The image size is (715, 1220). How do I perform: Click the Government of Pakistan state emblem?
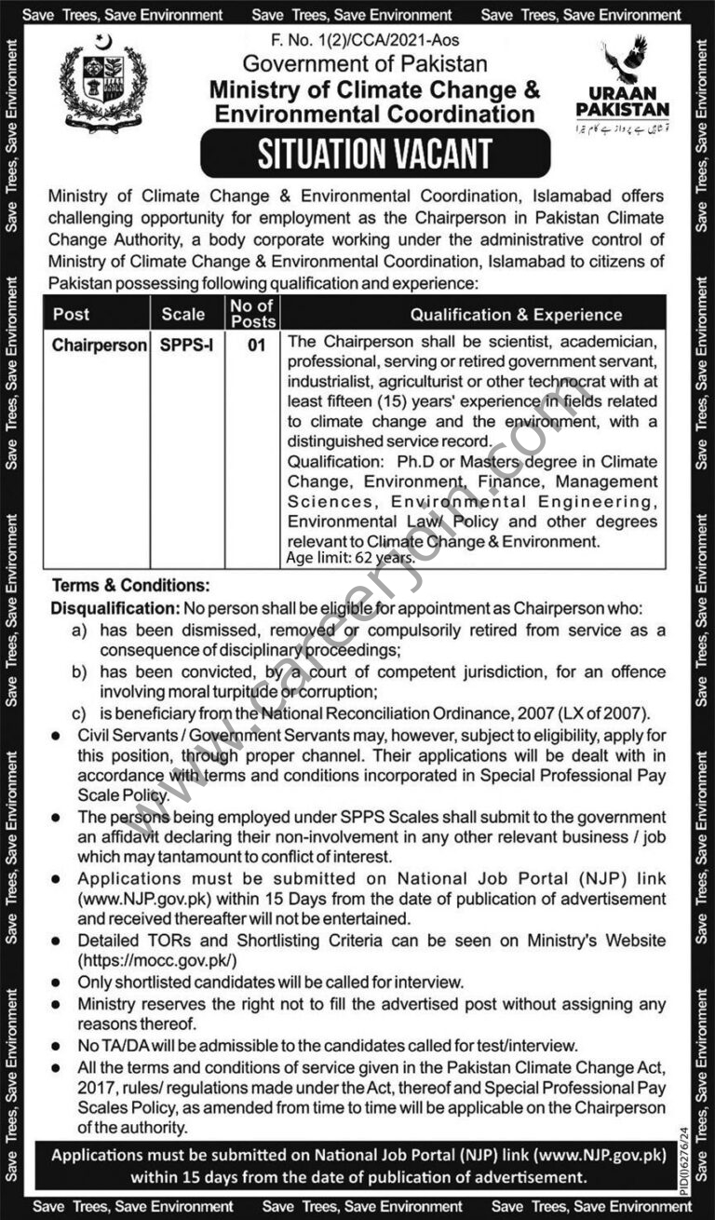[102, 86]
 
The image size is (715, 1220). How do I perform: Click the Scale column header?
[182, 315]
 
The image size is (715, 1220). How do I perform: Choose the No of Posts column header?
[252, 314]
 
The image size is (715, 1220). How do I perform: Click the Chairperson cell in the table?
[100, 346]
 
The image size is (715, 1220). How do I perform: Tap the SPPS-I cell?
[186, 346]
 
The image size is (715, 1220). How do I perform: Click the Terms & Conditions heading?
[130, 587]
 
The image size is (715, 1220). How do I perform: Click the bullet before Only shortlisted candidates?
[58, 983]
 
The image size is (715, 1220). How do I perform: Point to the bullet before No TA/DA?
[58, 1046]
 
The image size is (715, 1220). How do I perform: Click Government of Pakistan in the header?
[365, 63]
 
